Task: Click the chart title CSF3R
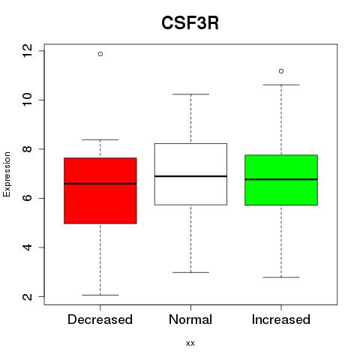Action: click(x=190, y=23)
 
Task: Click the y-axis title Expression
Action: click(x=7, y=174)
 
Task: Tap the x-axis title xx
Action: click(x=190, y=343)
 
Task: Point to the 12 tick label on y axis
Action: click(x=27, y=51)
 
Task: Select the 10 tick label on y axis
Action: click(x=27, y=100)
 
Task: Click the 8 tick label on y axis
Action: click(x=27, y=149)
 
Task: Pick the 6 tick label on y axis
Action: click(x=27, y=198)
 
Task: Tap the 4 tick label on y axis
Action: click(x=27, y=247)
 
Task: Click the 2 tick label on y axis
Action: click(x=27, y=296)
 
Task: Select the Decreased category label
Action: click(x=100, y=319)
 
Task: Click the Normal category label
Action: click(x=190, y=319)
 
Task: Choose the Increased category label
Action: click(x=281, y=319)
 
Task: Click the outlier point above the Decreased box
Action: click(x=100, y=54)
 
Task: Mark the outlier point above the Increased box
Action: click(x=281, y=71)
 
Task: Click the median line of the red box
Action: click(x=100, y=184)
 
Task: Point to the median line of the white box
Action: click(x=190, y=176)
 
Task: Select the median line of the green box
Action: click(x=281, y=179)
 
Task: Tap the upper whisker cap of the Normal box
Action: click(x=190, y=94)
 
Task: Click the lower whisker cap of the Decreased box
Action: click(x=100, y=295)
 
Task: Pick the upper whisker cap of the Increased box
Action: click(x=281, y=85)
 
